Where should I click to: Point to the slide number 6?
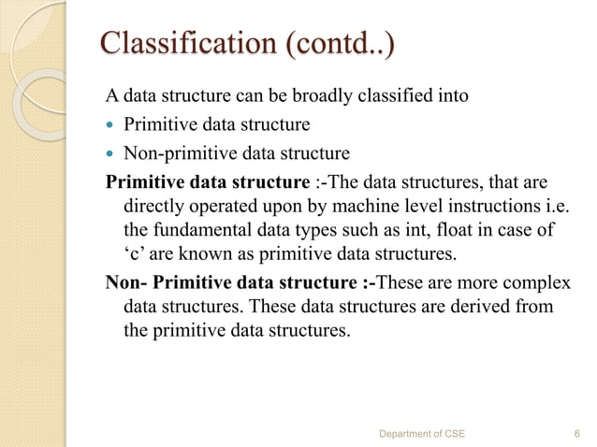(x=574, y=434)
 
